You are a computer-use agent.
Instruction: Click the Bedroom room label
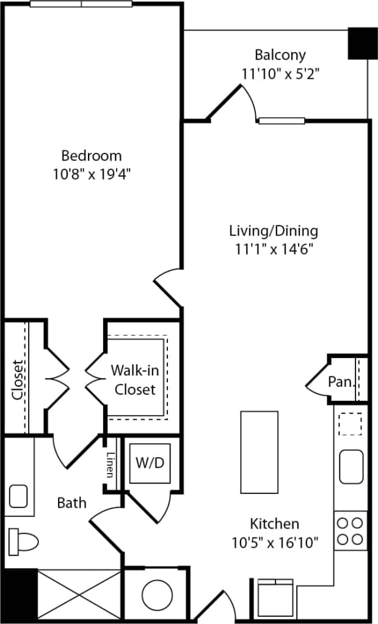91,155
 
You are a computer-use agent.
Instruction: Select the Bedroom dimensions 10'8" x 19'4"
91,174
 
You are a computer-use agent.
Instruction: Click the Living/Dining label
274,231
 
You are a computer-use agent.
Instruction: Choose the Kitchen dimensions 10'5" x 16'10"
275,542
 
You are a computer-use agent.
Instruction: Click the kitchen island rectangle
260,447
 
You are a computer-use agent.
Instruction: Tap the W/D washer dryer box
150,463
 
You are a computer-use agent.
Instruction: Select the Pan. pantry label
341,382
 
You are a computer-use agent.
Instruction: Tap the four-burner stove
351,530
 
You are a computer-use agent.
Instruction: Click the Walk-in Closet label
135,380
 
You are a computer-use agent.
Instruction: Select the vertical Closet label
19,379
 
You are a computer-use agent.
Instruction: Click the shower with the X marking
79,596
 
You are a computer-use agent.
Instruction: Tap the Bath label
71,503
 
